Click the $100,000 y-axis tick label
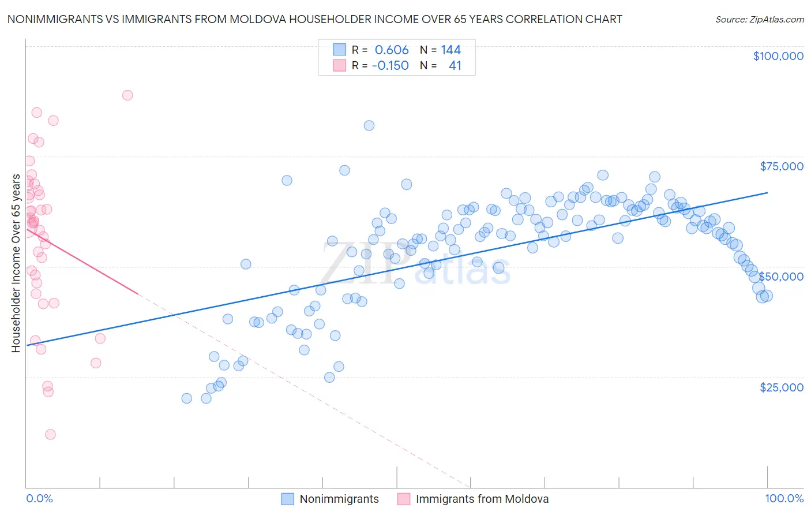778,56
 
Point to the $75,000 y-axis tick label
782,166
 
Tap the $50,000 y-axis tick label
782,277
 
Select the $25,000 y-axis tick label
782,387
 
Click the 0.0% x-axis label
39,499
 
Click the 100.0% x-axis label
784,499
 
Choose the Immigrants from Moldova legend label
482,499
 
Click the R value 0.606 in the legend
392,50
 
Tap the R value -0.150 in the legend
390,66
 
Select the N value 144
450,50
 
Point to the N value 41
455,66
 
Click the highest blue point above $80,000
369,125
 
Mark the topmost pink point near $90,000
127,95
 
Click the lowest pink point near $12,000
50,435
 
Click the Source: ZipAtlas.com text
759,20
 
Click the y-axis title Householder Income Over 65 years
16,263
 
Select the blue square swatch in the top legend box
340,50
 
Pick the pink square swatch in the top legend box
340,65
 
